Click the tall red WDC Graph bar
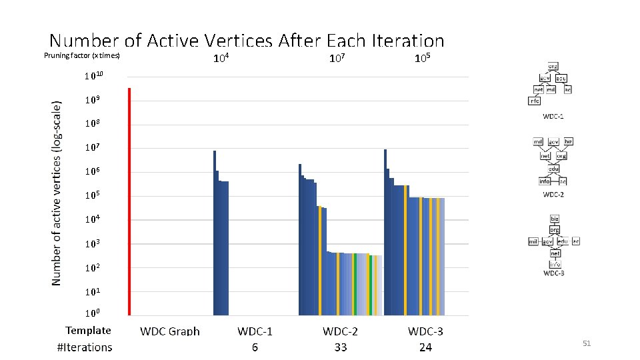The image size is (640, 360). pos(129,200)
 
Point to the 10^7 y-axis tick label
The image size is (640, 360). pos(93,147)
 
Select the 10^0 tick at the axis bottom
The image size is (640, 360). pos(93,313)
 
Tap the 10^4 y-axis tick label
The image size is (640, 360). pos(93,219)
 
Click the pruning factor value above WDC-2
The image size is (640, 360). pos(337,59)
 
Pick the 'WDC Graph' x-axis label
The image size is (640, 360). pos(169,331)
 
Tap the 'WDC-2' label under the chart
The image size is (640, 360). pos(340,331)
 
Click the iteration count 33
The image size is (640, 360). pos(340,347)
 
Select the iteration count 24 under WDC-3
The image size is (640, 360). pos(425,347)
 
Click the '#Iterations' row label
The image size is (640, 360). pos(85,347)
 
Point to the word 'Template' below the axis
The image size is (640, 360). pos(88,330)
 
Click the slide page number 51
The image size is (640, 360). pos(587,343)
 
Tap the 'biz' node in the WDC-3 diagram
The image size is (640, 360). pos(555,219)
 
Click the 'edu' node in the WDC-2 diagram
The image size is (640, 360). pos(554,170)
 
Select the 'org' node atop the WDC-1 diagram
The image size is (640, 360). pos(553,67)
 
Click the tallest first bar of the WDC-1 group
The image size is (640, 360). pos(215,233)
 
